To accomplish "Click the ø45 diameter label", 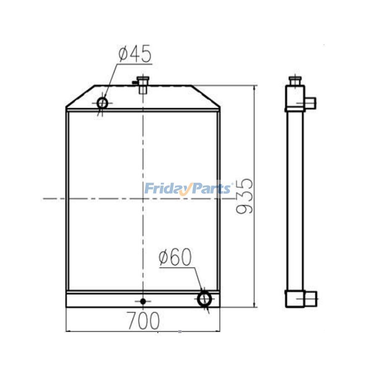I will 135,55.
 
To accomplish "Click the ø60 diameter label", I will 175,257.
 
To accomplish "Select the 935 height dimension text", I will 245,196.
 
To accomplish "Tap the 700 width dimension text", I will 143,321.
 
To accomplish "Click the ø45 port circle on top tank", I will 102,102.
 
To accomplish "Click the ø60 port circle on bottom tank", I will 204,299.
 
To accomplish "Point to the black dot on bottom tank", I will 143,301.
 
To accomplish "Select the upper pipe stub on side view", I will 311,102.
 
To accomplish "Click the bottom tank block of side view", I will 295,299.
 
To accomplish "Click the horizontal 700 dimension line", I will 105,331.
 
